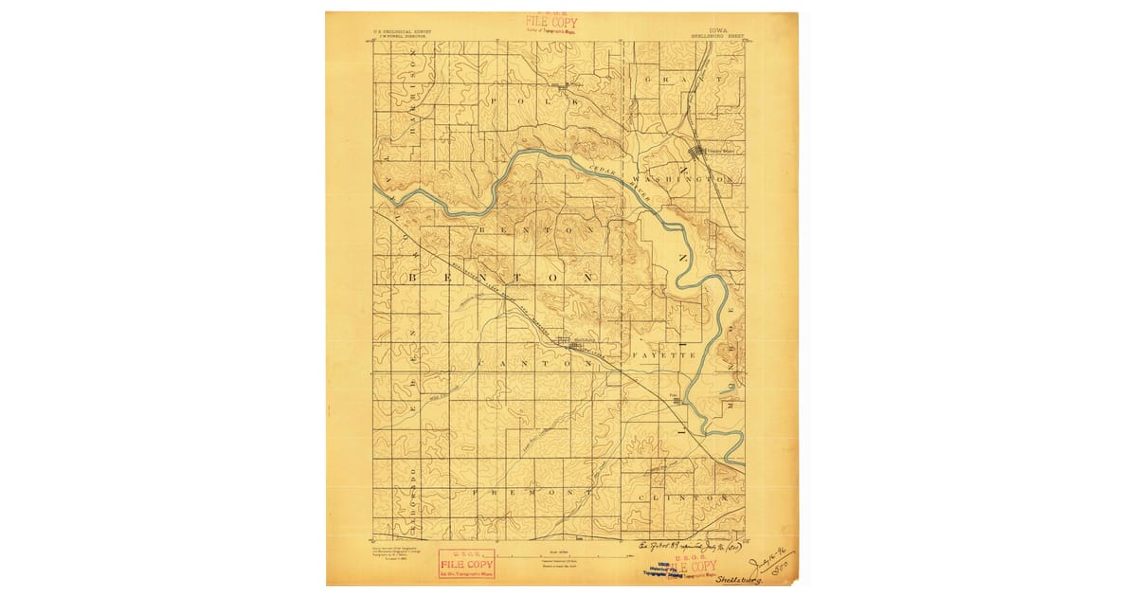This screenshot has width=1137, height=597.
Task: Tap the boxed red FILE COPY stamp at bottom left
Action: pos(466,564)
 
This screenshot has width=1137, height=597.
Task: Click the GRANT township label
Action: pos(682,80)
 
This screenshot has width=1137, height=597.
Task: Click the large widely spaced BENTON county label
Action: pos(502,279)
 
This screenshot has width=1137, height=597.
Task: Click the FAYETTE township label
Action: pos(665,355)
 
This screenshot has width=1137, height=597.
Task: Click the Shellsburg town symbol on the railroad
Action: pos(565,342)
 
